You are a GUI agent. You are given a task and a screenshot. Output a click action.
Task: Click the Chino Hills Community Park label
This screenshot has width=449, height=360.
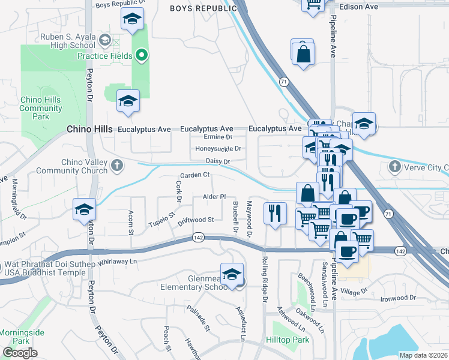point(41,108)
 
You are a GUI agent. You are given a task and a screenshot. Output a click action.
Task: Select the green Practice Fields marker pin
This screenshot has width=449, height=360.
point(142,56)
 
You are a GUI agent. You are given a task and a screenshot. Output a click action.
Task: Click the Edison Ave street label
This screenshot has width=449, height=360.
point(358,7)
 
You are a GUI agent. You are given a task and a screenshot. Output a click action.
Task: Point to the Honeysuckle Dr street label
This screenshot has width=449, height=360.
point(218,149)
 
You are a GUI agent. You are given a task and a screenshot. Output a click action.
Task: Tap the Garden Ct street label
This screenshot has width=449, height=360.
point(194,175)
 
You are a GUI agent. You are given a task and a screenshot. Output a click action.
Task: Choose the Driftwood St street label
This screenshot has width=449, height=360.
point(196,221)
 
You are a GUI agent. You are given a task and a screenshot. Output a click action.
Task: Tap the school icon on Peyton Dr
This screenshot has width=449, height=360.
point(84,209)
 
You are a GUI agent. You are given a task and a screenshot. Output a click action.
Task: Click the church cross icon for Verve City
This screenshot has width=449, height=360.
point(394,166)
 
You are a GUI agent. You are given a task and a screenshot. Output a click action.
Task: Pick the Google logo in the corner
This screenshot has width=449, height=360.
point(20,353)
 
